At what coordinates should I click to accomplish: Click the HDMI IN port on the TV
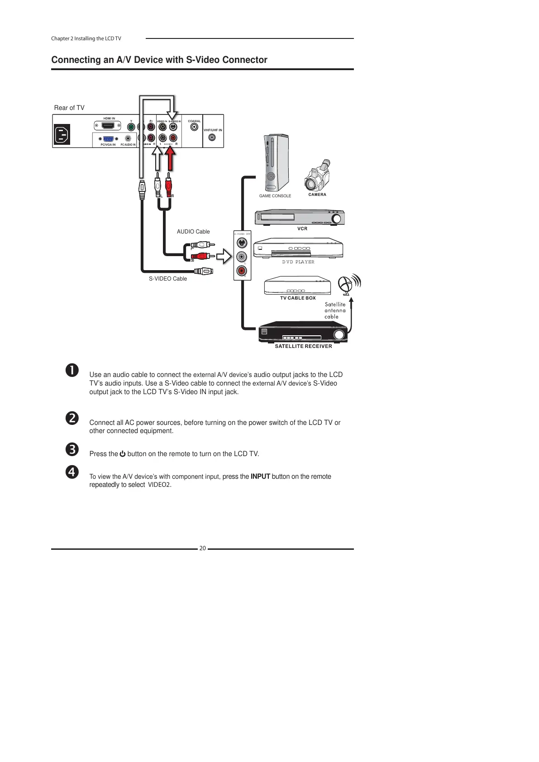pos(108,126)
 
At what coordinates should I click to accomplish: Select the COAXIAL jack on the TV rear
pos(194,127)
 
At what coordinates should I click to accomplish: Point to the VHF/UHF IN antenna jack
pos(212,138)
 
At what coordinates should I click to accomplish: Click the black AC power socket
pos(62,134)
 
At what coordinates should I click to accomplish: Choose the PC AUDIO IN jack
pos(128,138)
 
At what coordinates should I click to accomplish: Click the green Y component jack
pos(131,127)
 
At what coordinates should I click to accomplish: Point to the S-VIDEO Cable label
pos(168,279)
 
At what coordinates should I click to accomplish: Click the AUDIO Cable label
pos(193,232)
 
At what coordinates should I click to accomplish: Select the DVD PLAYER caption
pos(298,262)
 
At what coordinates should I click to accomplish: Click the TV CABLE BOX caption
pos(298,298)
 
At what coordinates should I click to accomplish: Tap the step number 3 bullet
pos(72,449)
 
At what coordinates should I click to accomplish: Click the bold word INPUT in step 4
pos(260,476)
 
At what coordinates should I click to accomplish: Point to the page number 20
pos(202,548)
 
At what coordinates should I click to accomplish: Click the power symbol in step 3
pos(123,454)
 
